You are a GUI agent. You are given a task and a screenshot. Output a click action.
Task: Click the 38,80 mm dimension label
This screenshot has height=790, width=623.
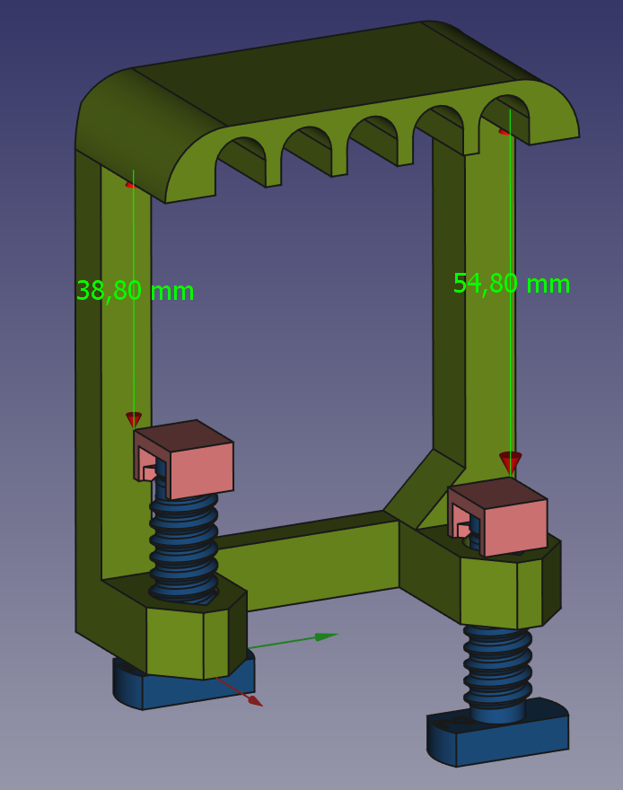tap(135, 291)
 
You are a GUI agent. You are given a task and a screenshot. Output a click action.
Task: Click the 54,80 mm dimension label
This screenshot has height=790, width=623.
tap(511, 284)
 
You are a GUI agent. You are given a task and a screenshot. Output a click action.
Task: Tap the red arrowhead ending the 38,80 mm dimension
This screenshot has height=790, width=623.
tap(134, 419)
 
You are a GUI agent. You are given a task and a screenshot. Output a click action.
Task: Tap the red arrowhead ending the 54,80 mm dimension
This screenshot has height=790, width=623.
tap(510, 461)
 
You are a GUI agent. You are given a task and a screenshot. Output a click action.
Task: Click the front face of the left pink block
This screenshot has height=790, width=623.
tap(201, 470)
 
